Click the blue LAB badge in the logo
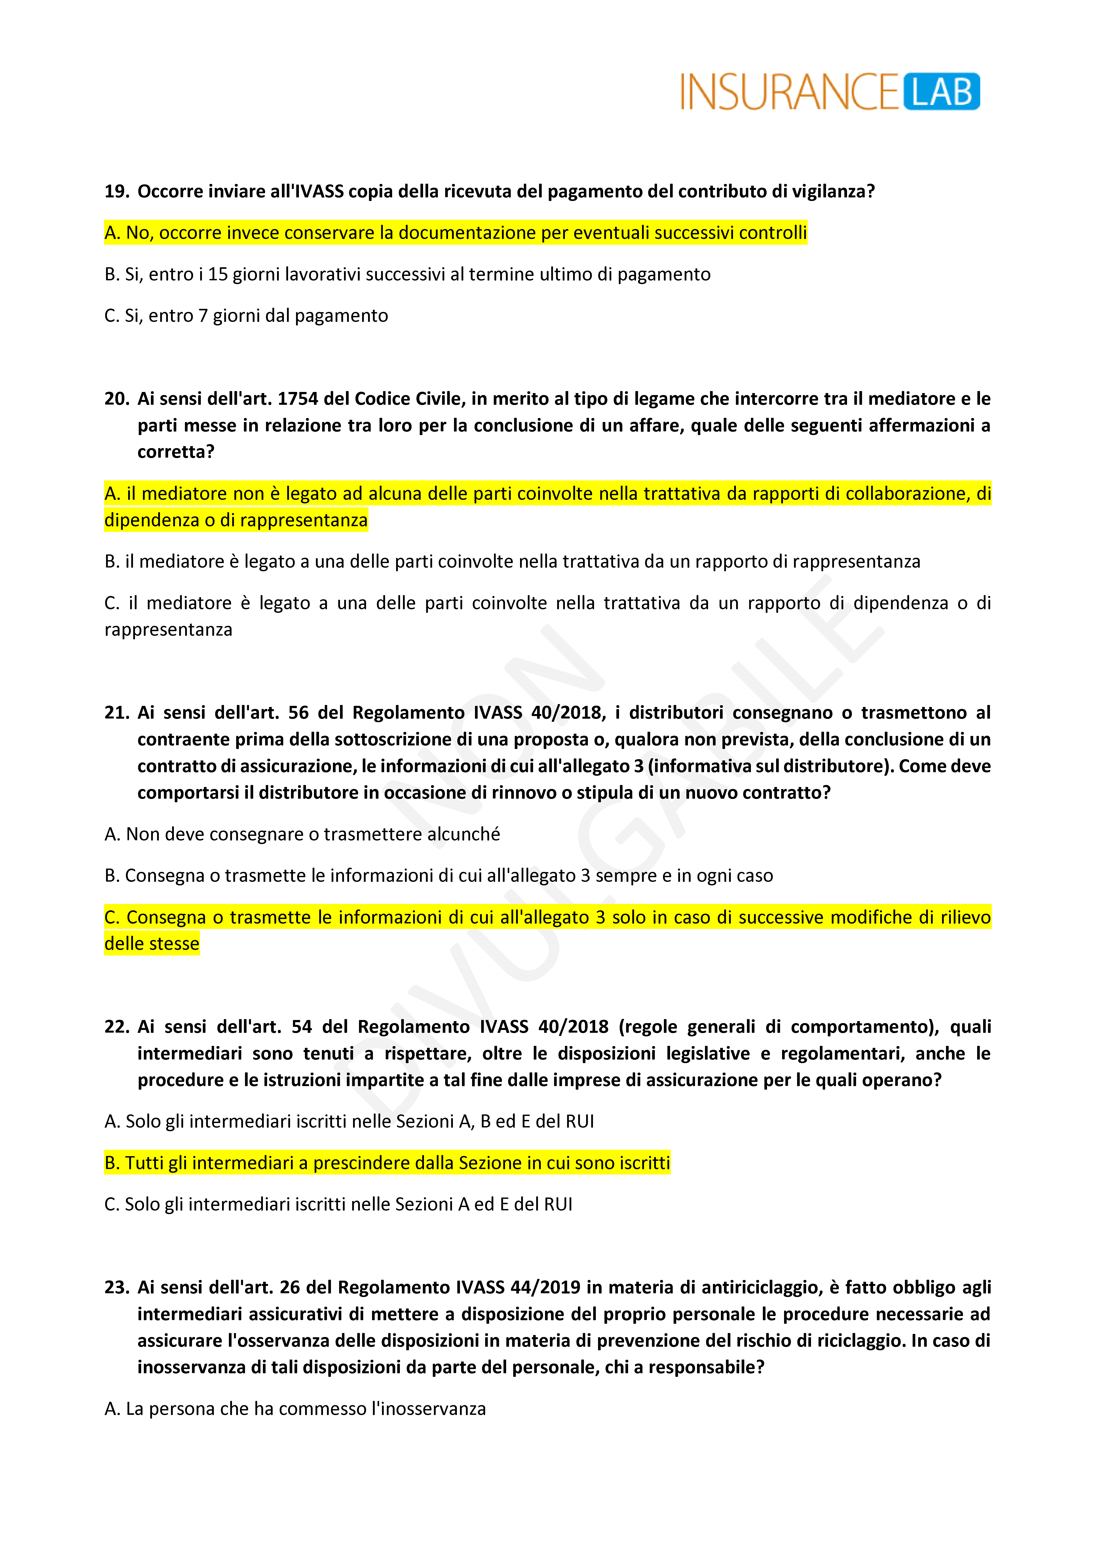tap(941, 92)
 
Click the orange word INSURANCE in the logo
tap(789, 93)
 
